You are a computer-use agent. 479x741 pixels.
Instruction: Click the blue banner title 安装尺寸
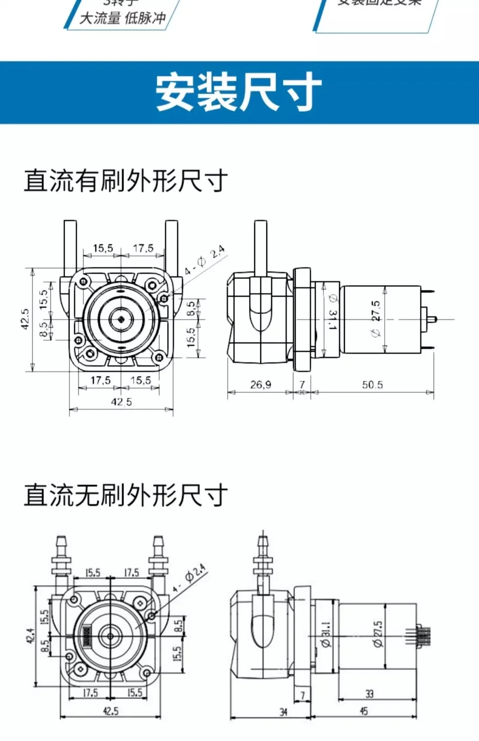point(238,92)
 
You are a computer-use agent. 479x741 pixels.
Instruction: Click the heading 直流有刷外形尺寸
point(125,181)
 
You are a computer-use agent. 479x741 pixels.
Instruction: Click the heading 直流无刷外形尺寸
point(125,495)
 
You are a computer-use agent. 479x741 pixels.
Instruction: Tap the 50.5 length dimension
point(372,384)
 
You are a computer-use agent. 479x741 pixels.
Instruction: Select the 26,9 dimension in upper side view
point(261,384)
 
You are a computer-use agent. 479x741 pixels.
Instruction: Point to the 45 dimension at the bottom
point(364,711)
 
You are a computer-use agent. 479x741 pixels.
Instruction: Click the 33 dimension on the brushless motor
point(369,694)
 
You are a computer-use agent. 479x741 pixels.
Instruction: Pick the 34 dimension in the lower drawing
point(284,712)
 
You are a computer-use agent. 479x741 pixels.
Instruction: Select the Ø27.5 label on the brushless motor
point(378,634)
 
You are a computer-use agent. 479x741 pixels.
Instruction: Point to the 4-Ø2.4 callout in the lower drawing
point(190,578)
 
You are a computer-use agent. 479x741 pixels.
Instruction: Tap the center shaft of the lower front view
point(111,636)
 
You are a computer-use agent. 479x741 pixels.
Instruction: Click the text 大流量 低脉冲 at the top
point(122,18)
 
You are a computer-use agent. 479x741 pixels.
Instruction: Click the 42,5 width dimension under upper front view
point(121,402)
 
